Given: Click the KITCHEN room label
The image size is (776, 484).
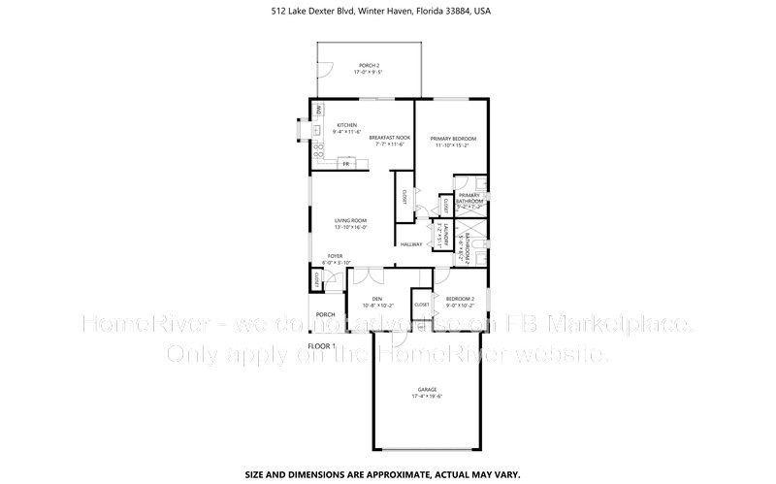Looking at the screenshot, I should pos(347,125).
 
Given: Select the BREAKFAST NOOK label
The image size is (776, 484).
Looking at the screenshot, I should pos(390,138).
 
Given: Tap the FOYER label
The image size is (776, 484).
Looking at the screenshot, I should pos(335,256).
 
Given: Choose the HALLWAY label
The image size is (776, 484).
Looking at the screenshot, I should pos(411,244).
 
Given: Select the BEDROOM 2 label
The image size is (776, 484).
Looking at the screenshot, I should pos(459,298).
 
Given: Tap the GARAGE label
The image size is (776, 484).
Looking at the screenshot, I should pos(427,389).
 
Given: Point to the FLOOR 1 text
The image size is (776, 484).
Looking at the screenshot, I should pos(321,345).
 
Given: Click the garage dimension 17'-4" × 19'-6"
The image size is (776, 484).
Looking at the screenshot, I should pos(427,396).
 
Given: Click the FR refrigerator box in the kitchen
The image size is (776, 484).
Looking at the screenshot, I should pos(344,165).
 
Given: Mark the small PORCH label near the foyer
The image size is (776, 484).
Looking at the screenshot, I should pos(325,314).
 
